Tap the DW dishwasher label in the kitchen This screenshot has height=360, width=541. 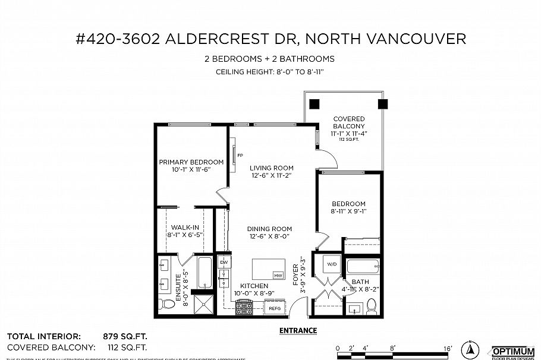(224, 262)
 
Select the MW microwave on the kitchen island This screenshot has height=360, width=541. (278, 275)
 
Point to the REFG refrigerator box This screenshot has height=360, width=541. (274, 308)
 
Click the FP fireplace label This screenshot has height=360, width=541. (240, 156)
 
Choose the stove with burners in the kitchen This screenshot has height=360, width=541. (244, 308)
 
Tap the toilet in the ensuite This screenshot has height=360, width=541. (168, 304)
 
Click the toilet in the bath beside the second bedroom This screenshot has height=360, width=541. (372, 305)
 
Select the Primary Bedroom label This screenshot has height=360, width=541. (191, 162)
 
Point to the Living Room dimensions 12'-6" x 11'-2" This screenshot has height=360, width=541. (271, 176)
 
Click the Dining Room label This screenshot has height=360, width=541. (270, 229)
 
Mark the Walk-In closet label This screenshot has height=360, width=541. (181, 227)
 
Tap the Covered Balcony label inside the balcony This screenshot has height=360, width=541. (349, 123)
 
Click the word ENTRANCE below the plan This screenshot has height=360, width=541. (298, 331)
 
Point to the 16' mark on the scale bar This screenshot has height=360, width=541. (447, 348)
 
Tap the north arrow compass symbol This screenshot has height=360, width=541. (470, 350)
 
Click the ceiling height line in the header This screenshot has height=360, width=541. (271, 72)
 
